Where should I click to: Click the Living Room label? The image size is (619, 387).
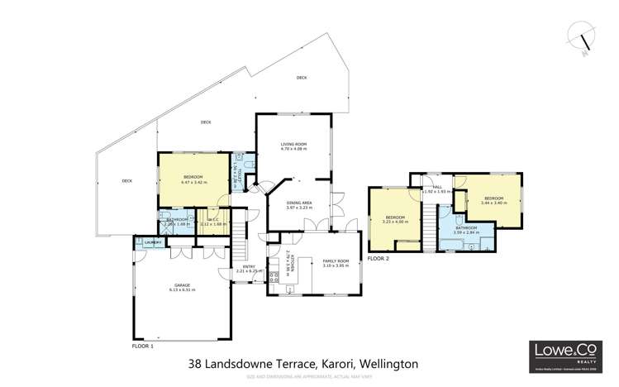click(x=293, y=146)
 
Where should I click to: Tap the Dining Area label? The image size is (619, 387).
click(x=298, y=204)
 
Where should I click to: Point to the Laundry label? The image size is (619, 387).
click(x=152, y=242)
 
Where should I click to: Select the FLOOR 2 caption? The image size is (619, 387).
click(x=379, y=259)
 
